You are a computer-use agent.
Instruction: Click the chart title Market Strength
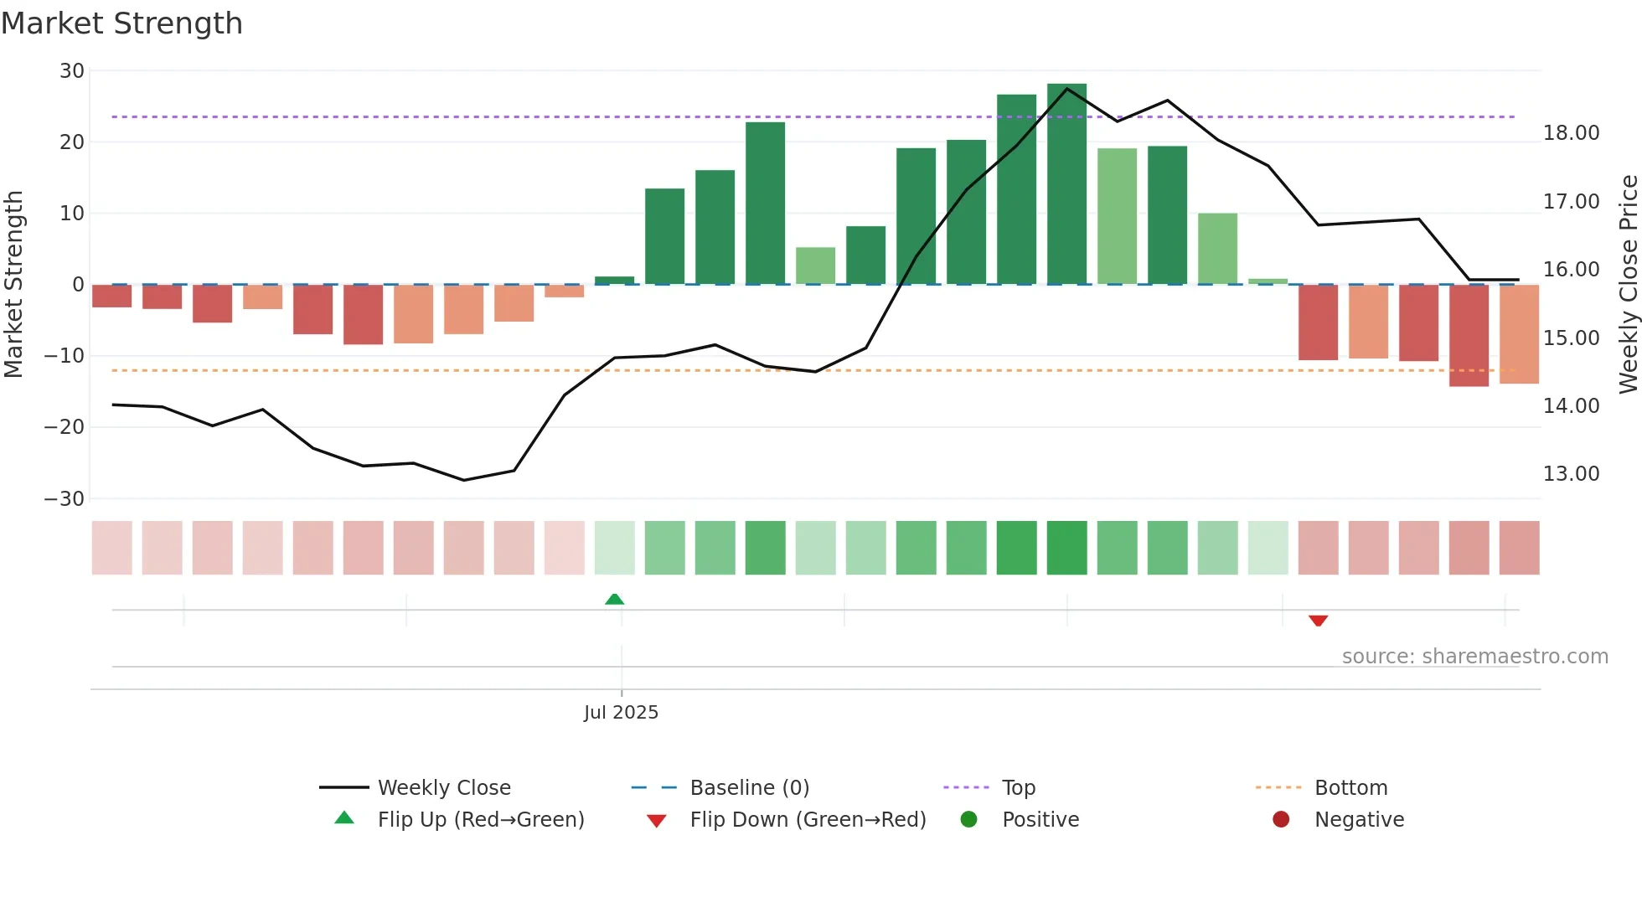tap(121, 23)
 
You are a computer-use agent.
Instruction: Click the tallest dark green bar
tap(1066, 184)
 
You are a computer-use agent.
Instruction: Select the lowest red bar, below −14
tap(1469, 335)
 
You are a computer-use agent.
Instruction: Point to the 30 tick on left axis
tap(72, 71)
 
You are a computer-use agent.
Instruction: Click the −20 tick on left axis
tap(65, 427)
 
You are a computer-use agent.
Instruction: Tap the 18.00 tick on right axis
tap(1571, 133)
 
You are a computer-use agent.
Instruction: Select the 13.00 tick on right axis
tap(1571, 474)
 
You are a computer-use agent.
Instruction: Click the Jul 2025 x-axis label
tap(621, 713)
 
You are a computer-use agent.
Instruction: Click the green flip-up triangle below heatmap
tap(614, 599)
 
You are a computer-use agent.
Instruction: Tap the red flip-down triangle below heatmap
tap(1318, 621)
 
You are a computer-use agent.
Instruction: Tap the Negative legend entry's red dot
tap(1280, 820)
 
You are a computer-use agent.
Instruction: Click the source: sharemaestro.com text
tap(1474, 657)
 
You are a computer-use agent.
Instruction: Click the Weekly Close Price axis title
tap(1628, 285)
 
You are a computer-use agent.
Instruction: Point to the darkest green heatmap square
tap(1066, 548)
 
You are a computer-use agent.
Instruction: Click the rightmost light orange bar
tap(1519, 334)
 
